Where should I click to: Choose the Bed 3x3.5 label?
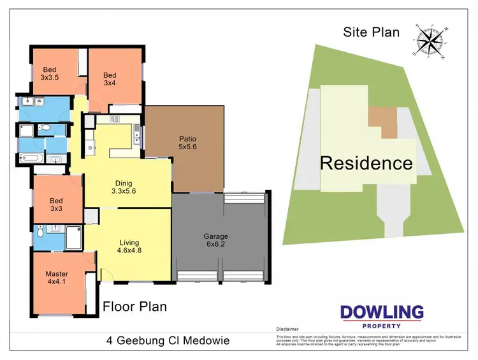click(50, 75)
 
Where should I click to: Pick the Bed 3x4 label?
click(111, 79)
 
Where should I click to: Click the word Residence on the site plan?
click(366, 163)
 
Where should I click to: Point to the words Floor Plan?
click(135, 306)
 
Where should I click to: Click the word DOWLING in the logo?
click(381, 312)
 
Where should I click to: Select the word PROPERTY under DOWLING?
click(381, 325)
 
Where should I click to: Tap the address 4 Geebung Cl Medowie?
click(168, 341)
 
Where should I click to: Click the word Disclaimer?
click(288, 329)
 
